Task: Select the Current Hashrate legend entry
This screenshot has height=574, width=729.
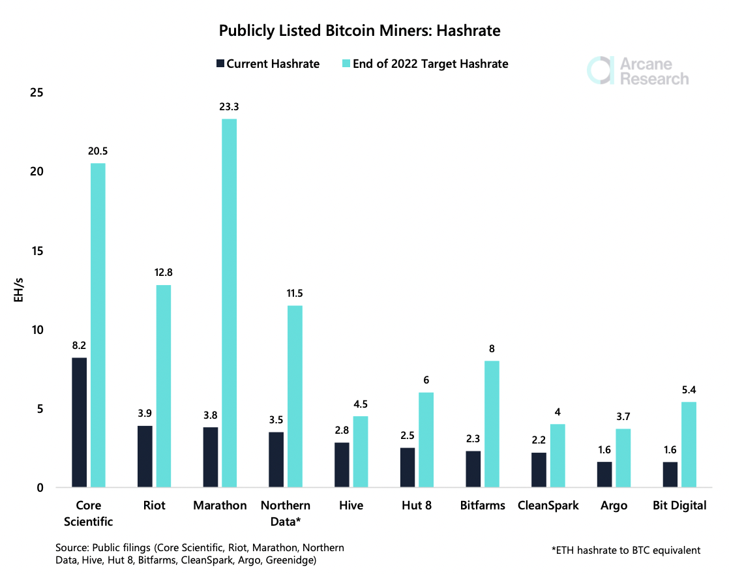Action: (267, 64)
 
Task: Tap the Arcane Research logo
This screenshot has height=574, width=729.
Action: (637, 70)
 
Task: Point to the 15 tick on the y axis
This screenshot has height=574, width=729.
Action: (36, 251)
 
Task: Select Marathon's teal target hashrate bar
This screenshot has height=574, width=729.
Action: (229, 303)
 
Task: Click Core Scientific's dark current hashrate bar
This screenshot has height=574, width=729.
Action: (80, 422)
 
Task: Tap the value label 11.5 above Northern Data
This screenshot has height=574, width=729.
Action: (294, 294)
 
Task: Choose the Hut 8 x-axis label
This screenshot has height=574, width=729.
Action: (416, 506)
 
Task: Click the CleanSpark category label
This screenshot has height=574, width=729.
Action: (548, 506)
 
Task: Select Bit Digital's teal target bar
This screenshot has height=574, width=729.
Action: (689, 444)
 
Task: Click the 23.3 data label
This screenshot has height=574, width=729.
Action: (229, 107)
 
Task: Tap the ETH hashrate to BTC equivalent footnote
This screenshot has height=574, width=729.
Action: (625, 550)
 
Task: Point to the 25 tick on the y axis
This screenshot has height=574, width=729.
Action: (36, 93)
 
